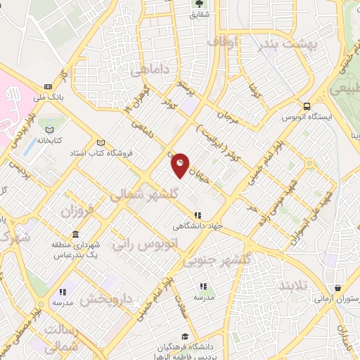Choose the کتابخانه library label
point(50,140)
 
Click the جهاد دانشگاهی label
point(199,226)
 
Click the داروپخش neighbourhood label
point(106,299)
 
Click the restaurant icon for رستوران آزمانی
point(339,288)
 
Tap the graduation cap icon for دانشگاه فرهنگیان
point(184,336)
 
